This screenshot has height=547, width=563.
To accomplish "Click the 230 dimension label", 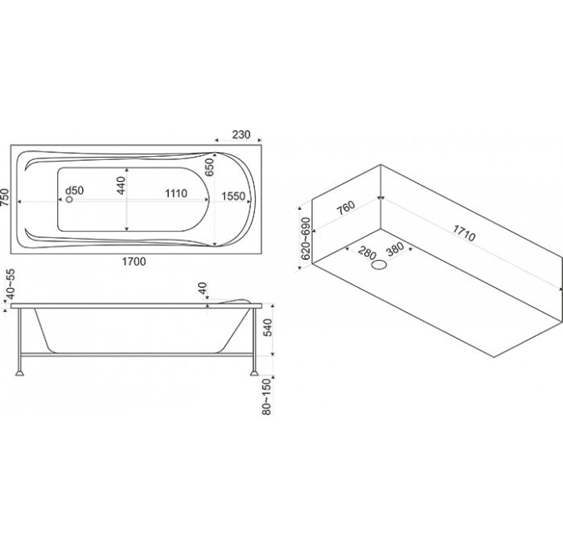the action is (241, 134).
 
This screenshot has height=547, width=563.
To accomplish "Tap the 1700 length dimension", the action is (134, 261).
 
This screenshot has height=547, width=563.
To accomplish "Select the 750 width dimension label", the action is (6, 197).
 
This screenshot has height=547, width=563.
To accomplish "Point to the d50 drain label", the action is (75, 190).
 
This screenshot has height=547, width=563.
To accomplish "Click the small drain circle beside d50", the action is (69, 199).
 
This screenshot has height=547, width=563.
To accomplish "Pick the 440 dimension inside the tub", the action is (121, 185).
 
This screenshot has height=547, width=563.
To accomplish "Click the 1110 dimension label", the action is (176, 194).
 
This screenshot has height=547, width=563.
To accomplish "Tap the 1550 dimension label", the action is (233, 196).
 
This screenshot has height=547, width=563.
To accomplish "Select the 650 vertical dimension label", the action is (209, 167).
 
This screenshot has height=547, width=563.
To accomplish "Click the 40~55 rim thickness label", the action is (11, 284).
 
